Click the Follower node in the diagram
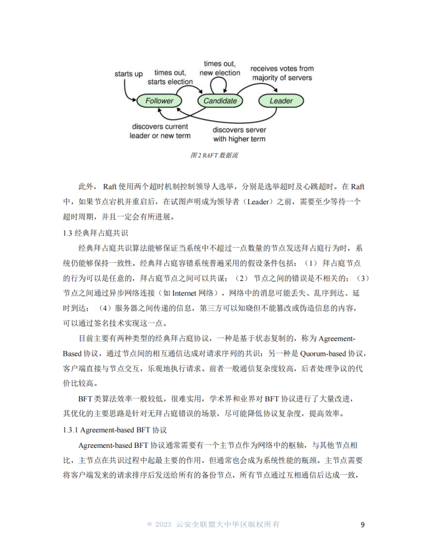[159, 101]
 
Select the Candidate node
[220, 101]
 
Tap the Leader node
[281, 101]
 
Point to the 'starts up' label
[128, 74]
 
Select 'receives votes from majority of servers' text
[282, 74]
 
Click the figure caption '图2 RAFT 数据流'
[214, 156]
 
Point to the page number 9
[362, 524]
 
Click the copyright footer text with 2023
[213, 524]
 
